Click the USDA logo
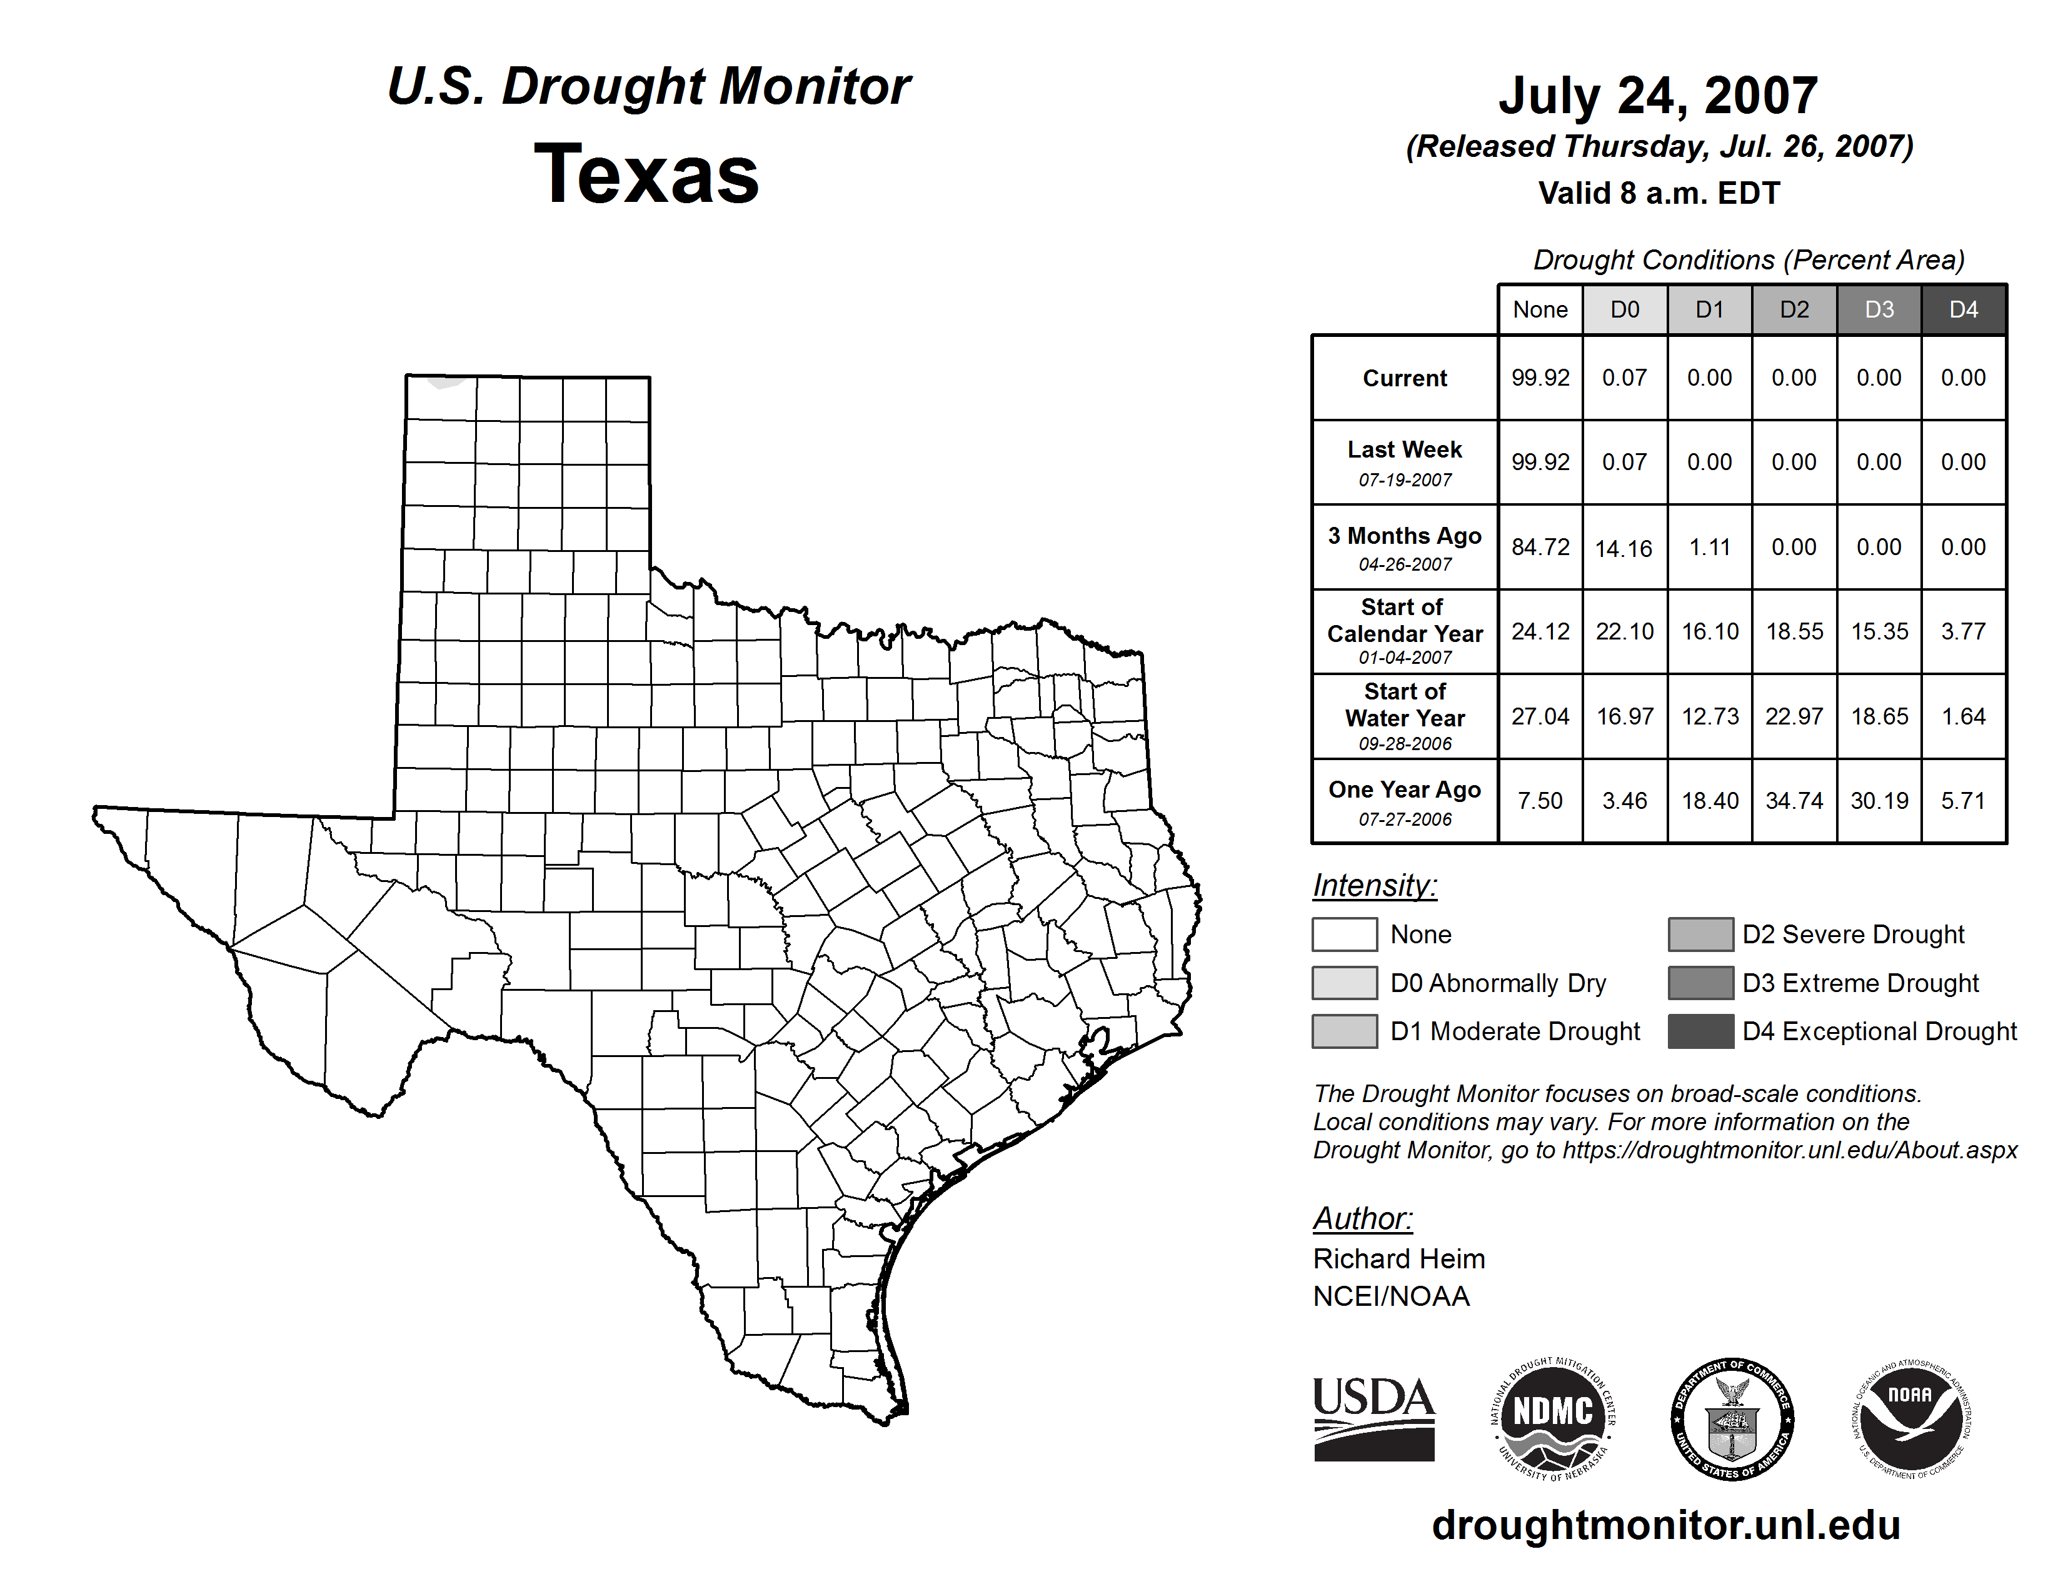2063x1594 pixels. [1373, 1418]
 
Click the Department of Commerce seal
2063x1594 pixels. [1732, 1418]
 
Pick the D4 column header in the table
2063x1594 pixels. [1963, 309]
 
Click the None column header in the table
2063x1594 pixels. [1540, 309]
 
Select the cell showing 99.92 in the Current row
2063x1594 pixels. [1540, 378]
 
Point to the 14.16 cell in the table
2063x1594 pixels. [1624, 549]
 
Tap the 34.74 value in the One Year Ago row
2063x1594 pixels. [1794, 801]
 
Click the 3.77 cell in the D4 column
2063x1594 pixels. [1963, 631]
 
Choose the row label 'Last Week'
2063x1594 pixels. [1405, 449]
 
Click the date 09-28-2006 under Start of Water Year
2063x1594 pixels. [1405, 744]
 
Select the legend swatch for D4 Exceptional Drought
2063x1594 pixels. [1700, 1031]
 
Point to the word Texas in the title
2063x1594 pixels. [646, 174]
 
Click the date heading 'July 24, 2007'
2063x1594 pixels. [1658, 96]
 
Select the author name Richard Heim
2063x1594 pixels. [1399, 1259]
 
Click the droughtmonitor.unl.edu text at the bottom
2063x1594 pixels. [1666, 1525]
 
